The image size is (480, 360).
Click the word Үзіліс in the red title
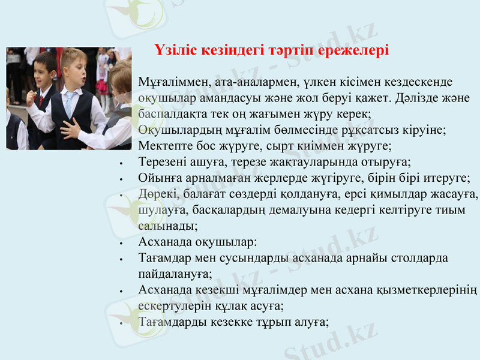pos(179,50)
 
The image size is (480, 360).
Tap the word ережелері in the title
pos(353,50)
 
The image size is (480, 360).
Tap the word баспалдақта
pos(170,113)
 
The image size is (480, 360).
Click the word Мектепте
pos(163,146)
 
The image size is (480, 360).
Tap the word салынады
pos(167,227)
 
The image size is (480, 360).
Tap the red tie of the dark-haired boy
pos(41,100)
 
